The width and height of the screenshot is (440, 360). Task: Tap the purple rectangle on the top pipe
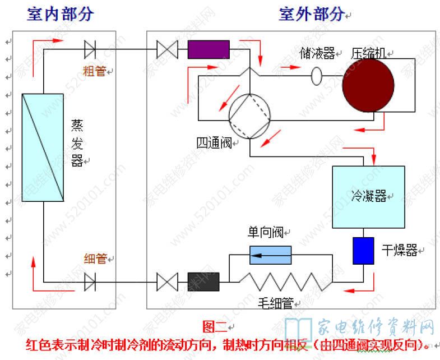209,49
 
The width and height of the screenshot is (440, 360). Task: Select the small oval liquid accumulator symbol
317,76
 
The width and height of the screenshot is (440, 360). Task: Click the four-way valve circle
250,116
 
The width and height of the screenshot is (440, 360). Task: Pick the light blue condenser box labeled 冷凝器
368,197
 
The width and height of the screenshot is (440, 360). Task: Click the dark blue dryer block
363,250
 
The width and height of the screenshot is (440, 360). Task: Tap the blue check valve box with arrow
270,255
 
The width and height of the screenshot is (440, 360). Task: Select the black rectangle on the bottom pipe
203,281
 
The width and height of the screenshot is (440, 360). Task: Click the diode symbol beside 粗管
90,49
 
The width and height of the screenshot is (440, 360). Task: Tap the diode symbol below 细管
90,281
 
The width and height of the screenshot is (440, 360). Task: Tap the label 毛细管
276,303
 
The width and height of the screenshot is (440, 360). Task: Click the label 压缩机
368,53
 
